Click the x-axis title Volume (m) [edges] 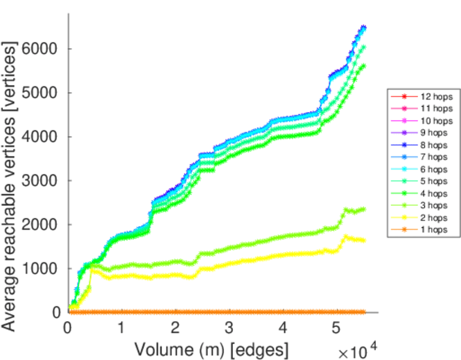click(211, 349)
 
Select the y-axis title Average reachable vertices click(10, 185)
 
